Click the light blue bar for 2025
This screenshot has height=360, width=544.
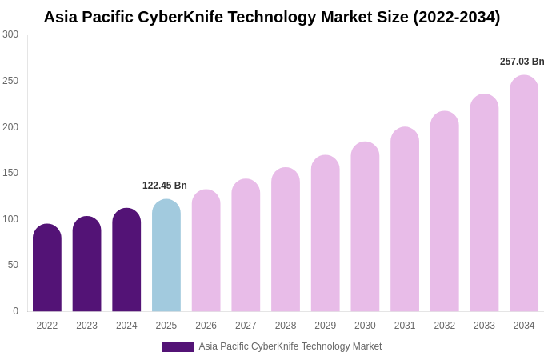[x=166, y=256]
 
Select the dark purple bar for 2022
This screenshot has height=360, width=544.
[x=47, y=268]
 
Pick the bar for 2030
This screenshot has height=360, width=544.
[x=365, y=227]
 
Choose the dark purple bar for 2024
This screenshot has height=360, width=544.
[x=126, y=260]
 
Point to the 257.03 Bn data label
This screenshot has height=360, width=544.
[x=522, y=62]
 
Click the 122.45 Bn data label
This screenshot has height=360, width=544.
[x=165, y=186]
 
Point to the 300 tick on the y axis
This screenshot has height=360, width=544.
[x=10, y=34]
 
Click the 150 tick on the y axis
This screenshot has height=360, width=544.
[x=10, y=173]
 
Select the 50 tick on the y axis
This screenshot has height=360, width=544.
[x=13, y=265]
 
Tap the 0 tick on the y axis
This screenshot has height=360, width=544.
[x=15, y=311]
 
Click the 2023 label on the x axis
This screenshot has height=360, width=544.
[x=86, y=326]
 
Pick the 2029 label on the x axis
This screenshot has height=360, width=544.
[x=325, y=326]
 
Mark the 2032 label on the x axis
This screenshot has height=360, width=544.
[x=444, y=326]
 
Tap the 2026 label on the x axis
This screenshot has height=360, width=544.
[x=206, y=326]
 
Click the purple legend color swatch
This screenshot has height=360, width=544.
[x=178, y=347]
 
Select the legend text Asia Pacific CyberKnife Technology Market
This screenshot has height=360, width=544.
[x=290, y=346]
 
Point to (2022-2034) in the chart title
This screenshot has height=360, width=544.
[x=456, y=17]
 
